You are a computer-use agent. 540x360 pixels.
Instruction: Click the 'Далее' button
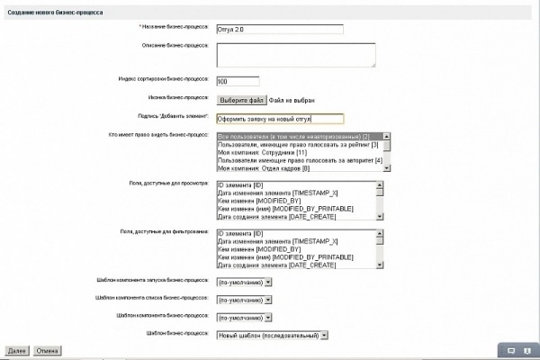click(16, 350)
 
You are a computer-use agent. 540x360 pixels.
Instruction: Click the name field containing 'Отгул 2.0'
click(280, 28)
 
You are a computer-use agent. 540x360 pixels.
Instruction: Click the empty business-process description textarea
click(295, 55)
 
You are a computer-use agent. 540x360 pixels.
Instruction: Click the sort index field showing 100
click(238, 81)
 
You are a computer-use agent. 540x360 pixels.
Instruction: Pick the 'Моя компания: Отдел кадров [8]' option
click(264, 168)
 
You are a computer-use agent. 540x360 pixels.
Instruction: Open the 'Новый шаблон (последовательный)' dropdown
click(273, 334)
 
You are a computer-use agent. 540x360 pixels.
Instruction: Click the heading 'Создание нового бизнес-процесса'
click(55, 12)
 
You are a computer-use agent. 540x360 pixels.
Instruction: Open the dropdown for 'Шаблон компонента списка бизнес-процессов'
click(244, 298)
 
